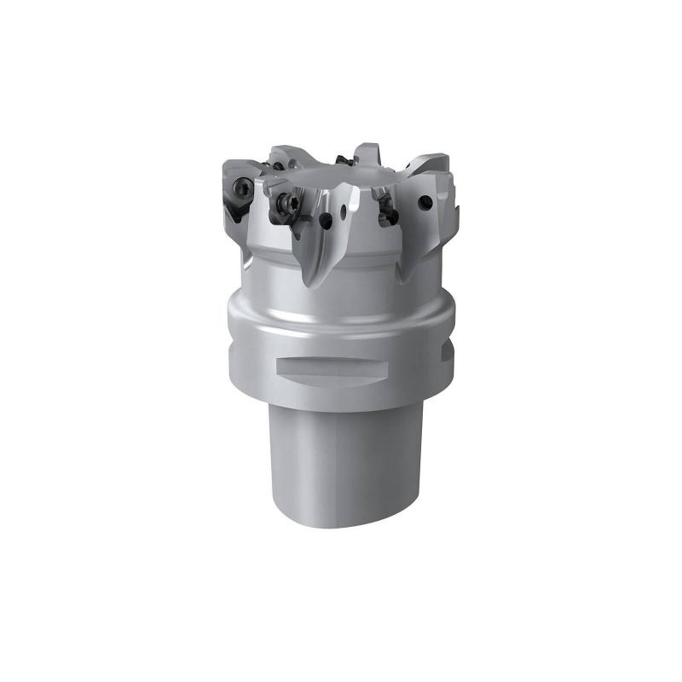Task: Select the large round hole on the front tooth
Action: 327,219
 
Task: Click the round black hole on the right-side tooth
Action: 422,203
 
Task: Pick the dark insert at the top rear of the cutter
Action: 345,159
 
